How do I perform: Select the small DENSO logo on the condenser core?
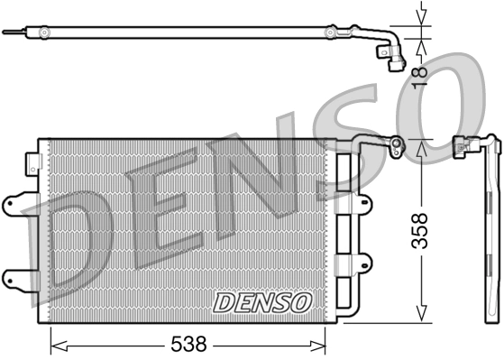click(x=262, y=301)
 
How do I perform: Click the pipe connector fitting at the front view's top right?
click(x=395, y=145)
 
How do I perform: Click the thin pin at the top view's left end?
click(x=11, y=33)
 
